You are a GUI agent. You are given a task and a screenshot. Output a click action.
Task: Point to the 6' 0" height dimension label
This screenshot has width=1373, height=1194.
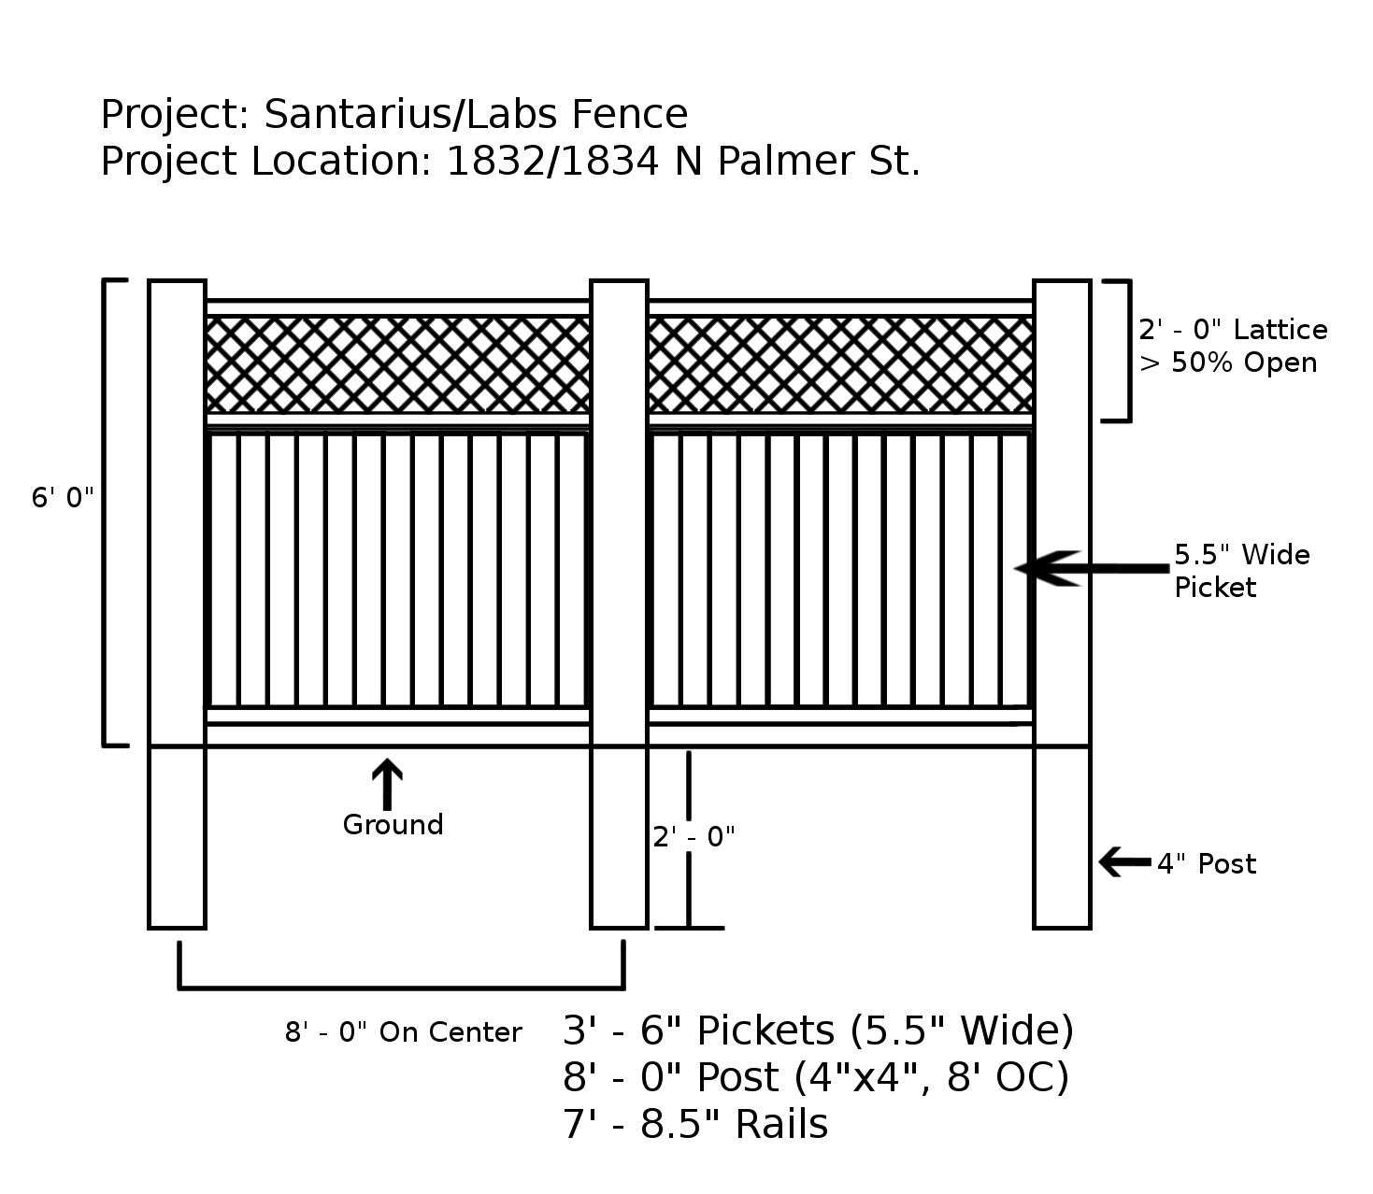point(64,498)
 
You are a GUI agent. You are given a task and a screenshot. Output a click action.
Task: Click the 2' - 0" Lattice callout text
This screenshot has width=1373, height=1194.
point(1233,330)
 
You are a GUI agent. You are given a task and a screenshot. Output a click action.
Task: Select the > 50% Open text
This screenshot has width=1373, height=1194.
point(1228,362)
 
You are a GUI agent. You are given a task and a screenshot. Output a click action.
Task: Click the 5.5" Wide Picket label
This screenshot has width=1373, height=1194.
point(1241,571)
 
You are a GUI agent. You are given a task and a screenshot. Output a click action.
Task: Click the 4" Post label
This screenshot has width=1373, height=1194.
point(1207,864)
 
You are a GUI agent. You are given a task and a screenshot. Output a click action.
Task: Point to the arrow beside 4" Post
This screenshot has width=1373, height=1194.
point(1123,861)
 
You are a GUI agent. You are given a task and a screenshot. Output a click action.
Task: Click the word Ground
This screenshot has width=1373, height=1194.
point(393,825)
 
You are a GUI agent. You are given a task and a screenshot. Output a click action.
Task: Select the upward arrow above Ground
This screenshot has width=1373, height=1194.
point(387,783)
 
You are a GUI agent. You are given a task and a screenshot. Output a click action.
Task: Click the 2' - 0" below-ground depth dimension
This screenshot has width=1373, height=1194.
point(694,837)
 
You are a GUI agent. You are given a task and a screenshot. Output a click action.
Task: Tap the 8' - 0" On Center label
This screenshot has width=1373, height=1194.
point(404,1032)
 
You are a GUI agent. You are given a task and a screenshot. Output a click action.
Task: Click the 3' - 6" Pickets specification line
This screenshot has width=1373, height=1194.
point(818,1031)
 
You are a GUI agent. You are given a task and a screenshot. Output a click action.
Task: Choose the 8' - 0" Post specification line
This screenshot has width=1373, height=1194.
point(815,1077)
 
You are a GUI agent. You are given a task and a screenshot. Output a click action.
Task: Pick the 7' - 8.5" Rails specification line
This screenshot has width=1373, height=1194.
point(695,1124)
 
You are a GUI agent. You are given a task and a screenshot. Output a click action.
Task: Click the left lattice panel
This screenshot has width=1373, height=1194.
point(398,364)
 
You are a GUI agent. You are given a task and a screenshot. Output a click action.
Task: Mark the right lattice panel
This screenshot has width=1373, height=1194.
point(840,364)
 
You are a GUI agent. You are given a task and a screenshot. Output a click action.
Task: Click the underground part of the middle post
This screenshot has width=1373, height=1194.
point(619,837)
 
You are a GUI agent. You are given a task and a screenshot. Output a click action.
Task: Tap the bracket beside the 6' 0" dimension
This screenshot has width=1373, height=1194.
point(107,512)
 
